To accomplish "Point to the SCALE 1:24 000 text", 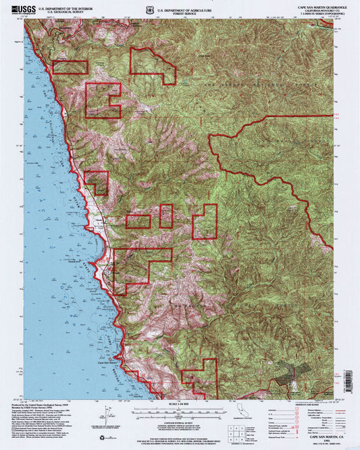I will pyautogui.click(x=179, y=403).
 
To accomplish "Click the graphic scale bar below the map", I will pyautogui.click(x=179, y=409).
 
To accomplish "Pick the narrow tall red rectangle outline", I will pyautogui.click(x=165, y=216).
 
